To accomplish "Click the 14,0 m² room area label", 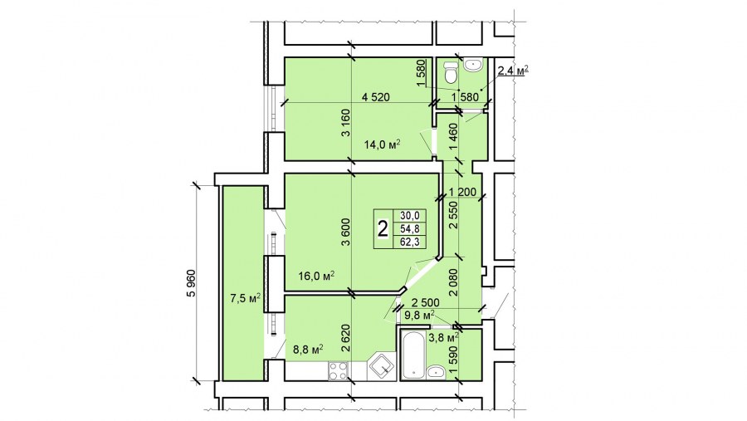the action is tap(382, 144).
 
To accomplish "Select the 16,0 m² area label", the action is tap(316, 276).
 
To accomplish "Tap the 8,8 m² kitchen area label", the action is tap(308, 349).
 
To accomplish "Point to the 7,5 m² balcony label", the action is tap(246, 298).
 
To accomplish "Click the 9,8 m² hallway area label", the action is tap(419, 315).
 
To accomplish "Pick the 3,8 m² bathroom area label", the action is tap(443, 338).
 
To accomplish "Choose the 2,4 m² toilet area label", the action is tap(514, 71).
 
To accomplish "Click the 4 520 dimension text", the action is tap(376, 97).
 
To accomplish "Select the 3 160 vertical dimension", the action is tap(346, 124).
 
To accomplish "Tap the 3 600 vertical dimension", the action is tap(346, 233).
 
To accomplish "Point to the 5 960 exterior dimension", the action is tap(191, 283).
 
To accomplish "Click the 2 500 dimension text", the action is tap(426, 303).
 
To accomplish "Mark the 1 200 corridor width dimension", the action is tap(462, 193).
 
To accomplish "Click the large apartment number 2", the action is tap(383, 229).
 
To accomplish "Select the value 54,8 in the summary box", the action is tap(410, 229).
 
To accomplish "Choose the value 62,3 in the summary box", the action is tap(410, 242).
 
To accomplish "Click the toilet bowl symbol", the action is tap(450, 74).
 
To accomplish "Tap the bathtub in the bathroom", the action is tap(413, 354).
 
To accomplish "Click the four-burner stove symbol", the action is tap(338, 371).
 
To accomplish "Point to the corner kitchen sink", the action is tap(382, 367).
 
